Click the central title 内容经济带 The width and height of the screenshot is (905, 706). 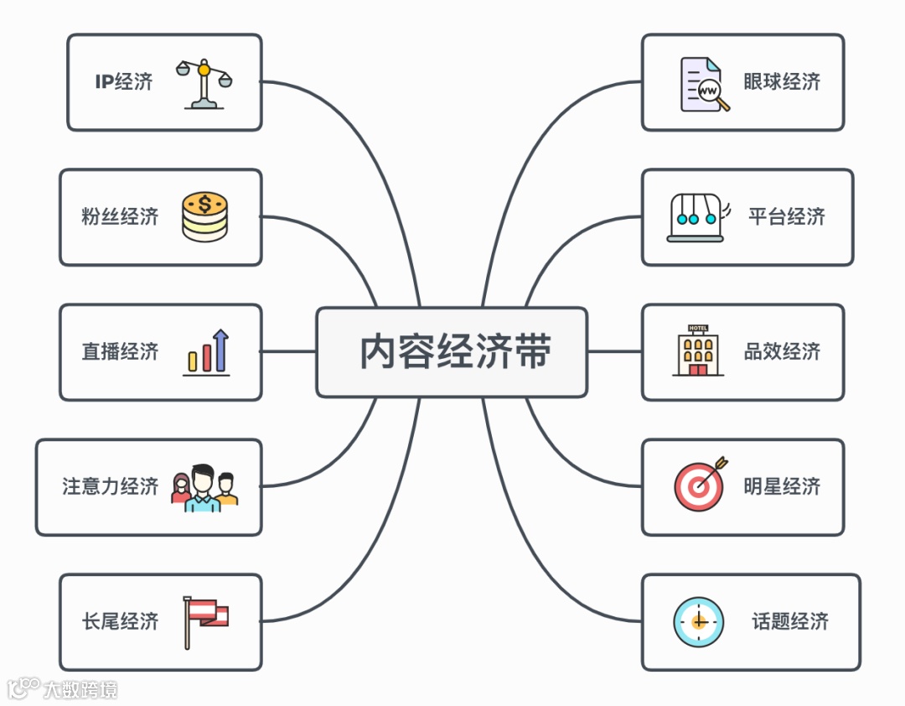pos(455,352)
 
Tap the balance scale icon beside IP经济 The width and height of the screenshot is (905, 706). pos(204,84)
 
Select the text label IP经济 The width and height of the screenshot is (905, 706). pos(124,82)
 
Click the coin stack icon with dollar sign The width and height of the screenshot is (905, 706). pos(204,217)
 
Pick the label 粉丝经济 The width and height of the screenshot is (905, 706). pos(120,217)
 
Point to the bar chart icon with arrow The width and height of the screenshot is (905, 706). pos(207,352)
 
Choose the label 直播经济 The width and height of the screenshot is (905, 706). pos(120,352)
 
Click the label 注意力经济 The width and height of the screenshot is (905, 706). pos(110,486)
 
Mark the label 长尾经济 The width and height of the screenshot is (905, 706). pos(120,621)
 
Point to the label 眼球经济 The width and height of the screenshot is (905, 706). pos(782,82)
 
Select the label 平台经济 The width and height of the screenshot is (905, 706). pos(787,217)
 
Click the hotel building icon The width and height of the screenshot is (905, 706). pos(697,350)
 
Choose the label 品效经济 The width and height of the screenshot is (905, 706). pos(782,352)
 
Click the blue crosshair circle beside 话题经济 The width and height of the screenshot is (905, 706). pos(699,621)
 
